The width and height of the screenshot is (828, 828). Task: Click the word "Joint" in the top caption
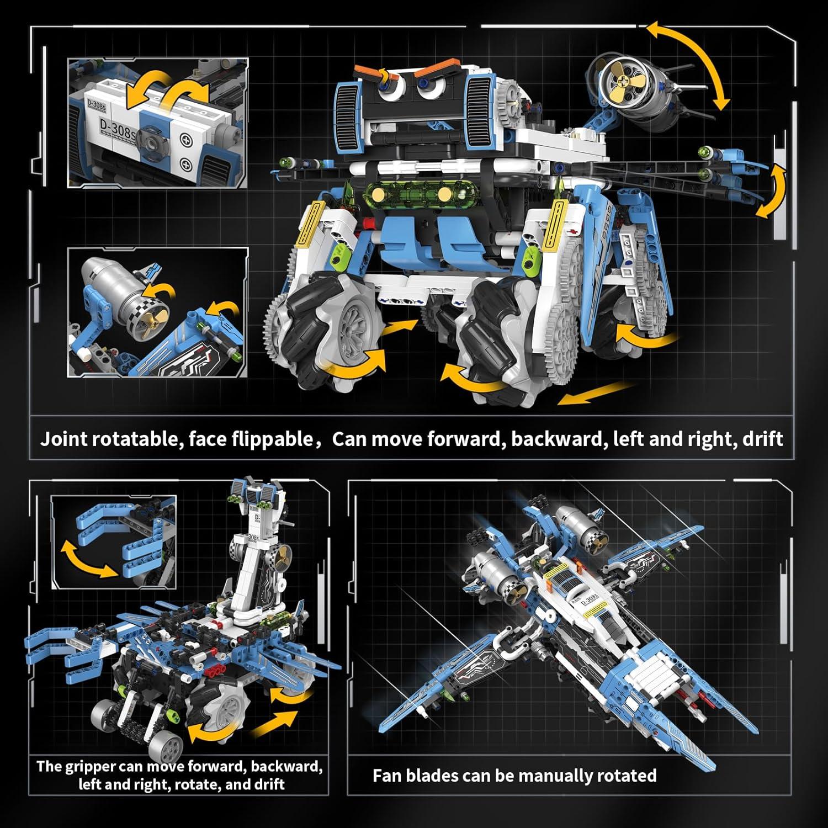63,439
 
